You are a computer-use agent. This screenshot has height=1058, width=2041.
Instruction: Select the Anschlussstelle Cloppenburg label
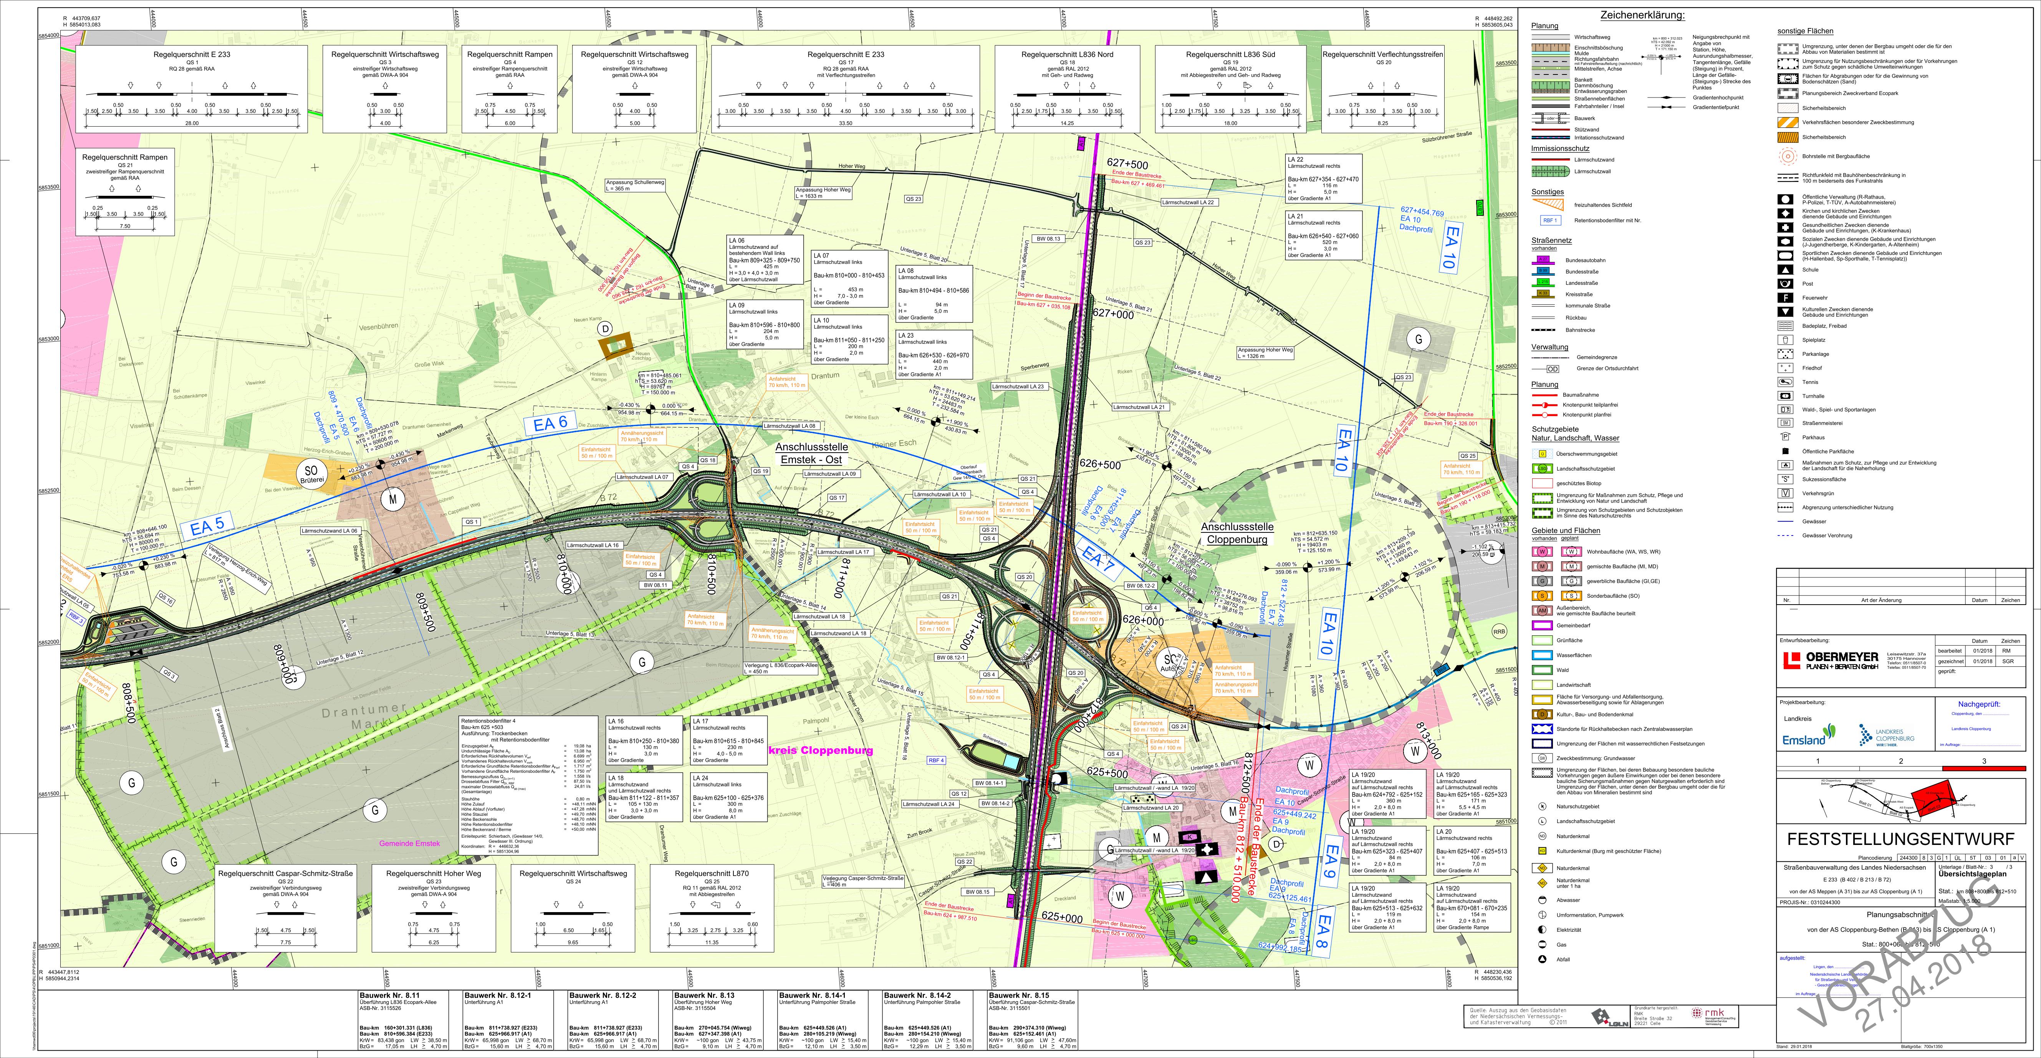click(x=1237, y=533)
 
